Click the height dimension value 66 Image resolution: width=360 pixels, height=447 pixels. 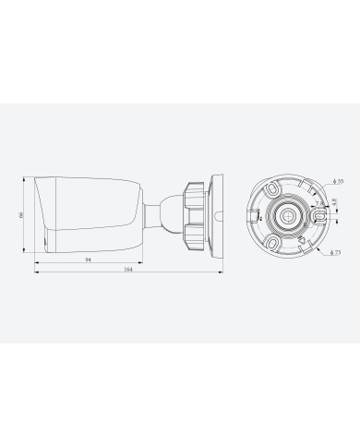[22, 213]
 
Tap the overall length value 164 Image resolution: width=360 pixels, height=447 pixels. [127, 271]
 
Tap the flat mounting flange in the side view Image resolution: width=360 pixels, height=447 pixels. [216, 214]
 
